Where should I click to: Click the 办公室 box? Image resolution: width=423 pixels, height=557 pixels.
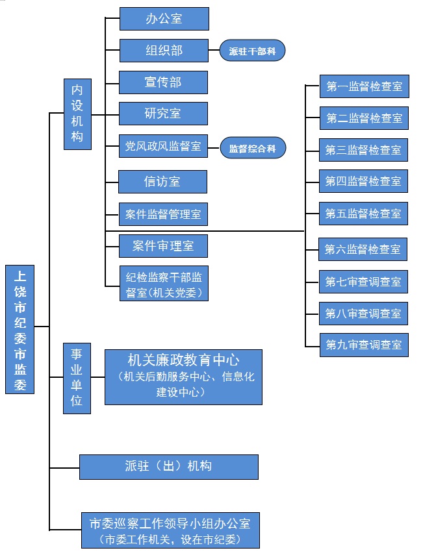pyautogui.click(x=164, y=19)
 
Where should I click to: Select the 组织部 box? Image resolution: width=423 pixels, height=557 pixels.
pyautogui.click(x=163, y=50)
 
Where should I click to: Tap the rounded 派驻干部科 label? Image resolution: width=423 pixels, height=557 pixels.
pyautogui.click(x=252, y=51)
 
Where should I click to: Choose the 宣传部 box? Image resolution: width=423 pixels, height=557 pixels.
pyautogui.click(x=163, y=82)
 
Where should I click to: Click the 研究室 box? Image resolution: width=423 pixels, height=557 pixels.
pyautogui.click(x=163, y=114)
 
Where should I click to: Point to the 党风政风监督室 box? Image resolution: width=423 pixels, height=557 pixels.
pyautogui.click(x=163, y=147)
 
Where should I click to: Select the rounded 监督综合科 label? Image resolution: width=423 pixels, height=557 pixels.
pyautogui.click(x=252, y=148)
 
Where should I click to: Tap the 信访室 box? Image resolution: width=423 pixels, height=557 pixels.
pyautogui.click(x=162, y=182)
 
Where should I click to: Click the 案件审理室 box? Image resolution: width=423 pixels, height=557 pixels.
pyautogui.click(x=163, y=246)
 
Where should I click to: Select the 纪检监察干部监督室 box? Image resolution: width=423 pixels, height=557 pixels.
pyautogui.click(x=164, y=284)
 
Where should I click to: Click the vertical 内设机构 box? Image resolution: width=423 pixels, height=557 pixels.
pyautogui.click(x=77, y=114)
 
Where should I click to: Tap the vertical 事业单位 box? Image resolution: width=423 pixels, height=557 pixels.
pyautogui.click(x=77, y=377)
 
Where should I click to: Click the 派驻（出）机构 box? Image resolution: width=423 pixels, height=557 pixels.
pyautogui.click(x=168, y=466)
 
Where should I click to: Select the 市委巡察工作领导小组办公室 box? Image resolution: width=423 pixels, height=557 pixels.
pyautogui.click(x=170, y=530)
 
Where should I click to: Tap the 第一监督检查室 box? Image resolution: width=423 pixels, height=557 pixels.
pyautogui.click(x=363, y=86)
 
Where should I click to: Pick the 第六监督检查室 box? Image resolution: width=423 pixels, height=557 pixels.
pyautogui.click(x=363, y=249)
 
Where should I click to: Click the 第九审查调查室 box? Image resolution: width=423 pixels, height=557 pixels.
pyautogui.click(x=363, y=344)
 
